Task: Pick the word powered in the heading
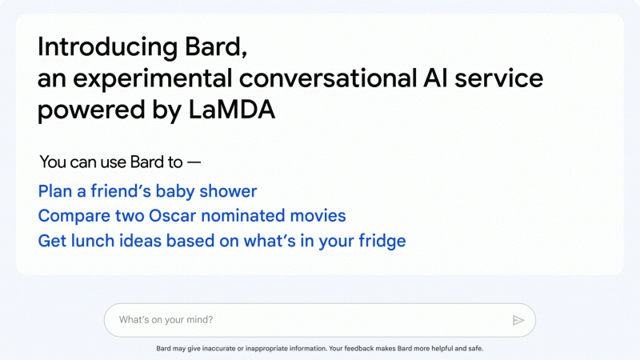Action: (86, 110)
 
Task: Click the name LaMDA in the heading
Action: (232, 110)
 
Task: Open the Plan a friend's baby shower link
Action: (147, 191)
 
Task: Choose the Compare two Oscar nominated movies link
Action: (192, 216)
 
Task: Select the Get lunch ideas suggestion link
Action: (222, 241)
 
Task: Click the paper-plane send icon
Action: (518, 320)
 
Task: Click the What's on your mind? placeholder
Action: (166, 320)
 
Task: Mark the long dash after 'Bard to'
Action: (194, 162)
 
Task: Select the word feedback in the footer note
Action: (364, 349)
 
